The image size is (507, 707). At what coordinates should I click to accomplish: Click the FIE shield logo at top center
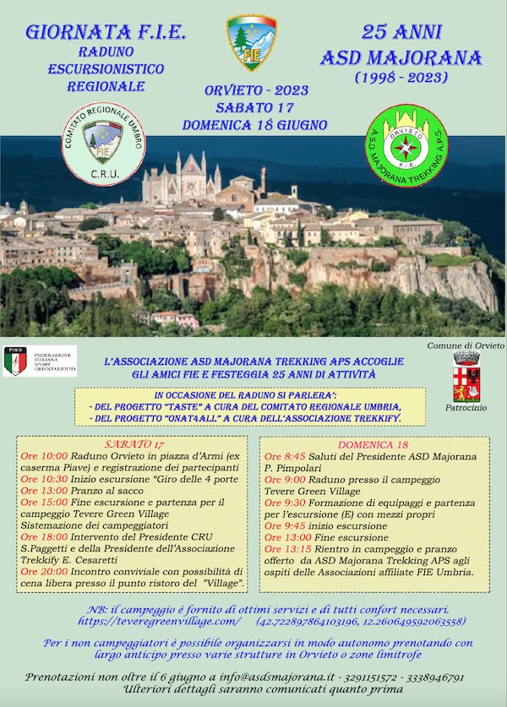252,42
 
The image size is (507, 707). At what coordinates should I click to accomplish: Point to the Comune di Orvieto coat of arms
466,377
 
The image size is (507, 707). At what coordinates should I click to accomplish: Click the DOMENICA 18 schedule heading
373,444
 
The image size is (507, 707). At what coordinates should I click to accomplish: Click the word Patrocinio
465,408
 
